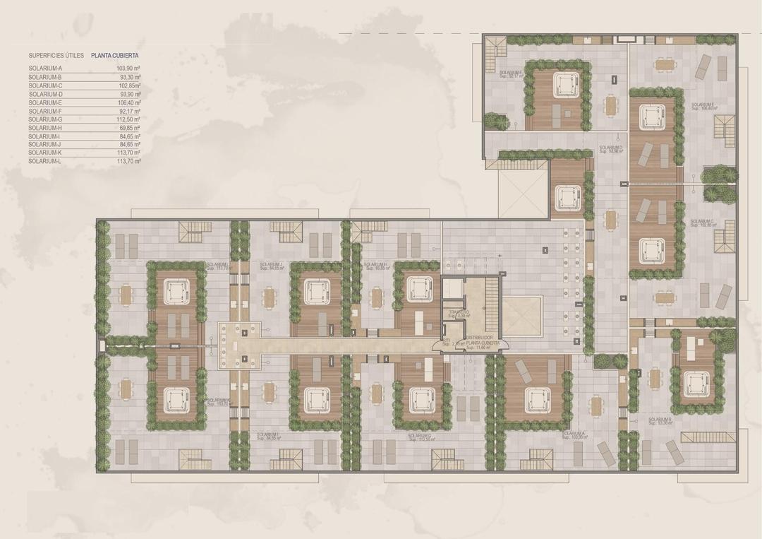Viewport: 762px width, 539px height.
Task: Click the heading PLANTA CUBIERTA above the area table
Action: [x=115, y=55]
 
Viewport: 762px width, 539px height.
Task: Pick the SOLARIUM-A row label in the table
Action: [x=46, y=69]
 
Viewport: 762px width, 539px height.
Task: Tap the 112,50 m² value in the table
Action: [x=128, y=119]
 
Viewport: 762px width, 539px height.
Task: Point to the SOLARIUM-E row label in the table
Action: [x=46, y=102]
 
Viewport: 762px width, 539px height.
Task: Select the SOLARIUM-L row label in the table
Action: [x=46, y=162]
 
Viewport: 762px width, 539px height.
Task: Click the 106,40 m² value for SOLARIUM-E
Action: [x=128, y=102]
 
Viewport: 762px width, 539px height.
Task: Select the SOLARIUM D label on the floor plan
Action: [x=611, y=148]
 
